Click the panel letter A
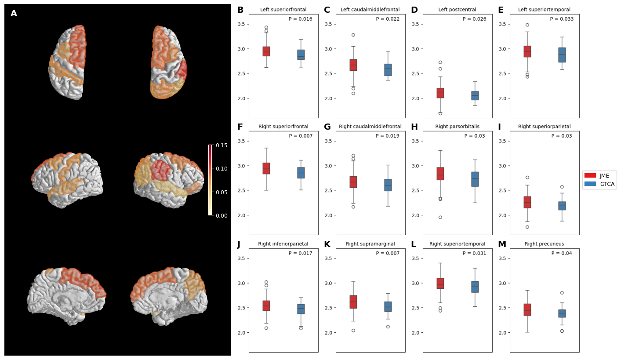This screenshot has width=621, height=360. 14,14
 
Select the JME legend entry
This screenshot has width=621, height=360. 599,175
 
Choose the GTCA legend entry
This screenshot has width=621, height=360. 599,184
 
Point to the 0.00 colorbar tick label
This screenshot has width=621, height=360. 222,215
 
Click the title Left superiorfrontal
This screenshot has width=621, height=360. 283,10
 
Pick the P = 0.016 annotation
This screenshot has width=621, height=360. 300,19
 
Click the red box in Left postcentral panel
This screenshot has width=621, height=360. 440,93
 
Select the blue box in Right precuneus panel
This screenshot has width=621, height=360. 562,313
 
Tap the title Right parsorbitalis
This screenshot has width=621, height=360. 457,127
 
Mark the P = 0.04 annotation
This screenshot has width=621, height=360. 561,253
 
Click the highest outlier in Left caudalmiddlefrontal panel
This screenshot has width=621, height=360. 353,35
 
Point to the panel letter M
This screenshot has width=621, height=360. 502,244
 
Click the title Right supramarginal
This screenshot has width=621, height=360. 370,244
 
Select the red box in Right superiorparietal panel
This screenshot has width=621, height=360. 527,202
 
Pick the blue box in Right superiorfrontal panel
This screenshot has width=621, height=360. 301,173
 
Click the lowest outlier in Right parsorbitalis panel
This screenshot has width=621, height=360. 440,217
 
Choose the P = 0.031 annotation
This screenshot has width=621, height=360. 474,253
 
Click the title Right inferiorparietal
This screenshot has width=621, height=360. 283,244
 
